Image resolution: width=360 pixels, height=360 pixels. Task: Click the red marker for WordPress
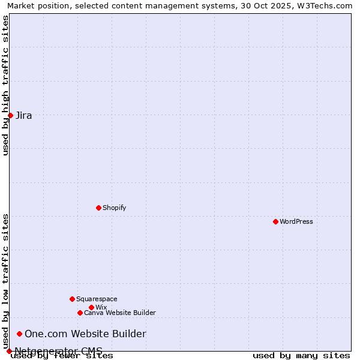coord(275,221)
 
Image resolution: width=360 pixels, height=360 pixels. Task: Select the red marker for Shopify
coord(98,208)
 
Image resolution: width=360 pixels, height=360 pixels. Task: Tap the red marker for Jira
coord(10,115)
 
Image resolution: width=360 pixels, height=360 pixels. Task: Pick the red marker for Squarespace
coord(72,299)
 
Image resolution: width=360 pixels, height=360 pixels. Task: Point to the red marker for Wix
coord(91,307)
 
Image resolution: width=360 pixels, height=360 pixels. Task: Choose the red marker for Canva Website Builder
coord(80,313)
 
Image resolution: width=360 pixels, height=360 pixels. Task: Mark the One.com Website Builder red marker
coord(19,334)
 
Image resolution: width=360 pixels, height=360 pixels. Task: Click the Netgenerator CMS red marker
coord(9,351)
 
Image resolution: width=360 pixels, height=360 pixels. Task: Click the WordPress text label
coord(296,221)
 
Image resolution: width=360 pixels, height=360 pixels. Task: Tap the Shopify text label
coord(114,208)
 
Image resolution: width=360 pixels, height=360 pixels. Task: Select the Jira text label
coord(24,115)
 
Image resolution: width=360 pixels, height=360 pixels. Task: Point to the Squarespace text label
coord(97,299)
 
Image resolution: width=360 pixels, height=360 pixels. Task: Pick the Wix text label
coord(101,307)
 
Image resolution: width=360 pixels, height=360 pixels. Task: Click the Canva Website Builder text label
coord(120,313)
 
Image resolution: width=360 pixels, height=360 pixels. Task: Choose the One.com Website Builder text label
coord(85,334)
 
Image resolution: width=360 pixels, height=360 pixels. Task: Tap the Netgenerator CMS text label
coord(58,351)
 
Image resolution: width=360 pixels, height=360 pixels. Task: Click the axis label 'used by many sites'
coord(301,356)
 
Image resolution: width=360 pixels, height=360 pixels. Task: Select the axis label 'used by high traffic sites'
coord(5,85)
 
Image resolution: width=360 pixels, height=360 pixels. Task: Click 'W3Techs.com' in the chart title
coord(328,5)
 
